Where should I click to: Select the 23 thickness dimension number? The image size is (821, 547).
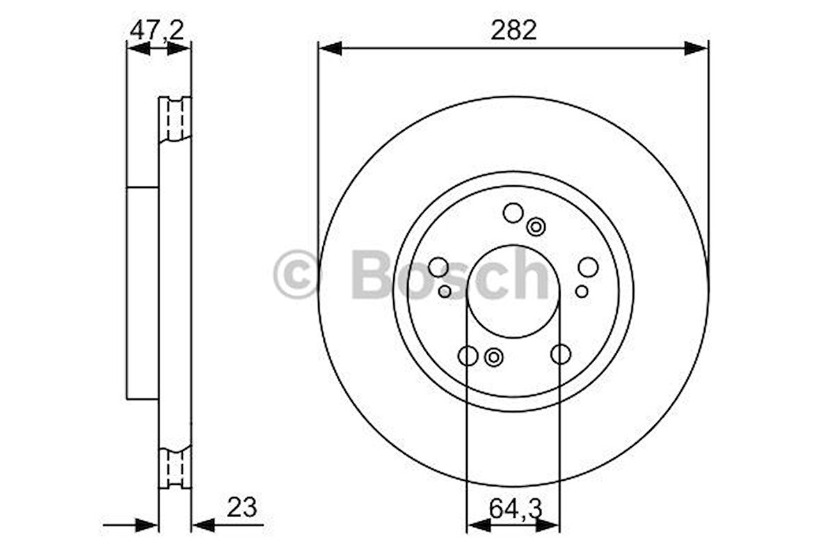pyautogui.click(x=242, y=507)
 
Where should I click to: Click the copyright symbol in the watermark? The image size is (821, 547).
pyautogui.click(x=296, y=275)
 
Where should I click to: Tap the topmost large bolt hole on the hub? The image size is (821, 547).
pyautogui.click(x=513, y=213)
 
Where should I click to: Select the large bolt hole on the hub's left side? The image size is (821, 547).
pyautogui.click(x=438, y=267)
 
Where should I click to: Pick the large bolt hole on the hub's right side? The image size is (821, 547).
pyautogui.click(x=588, y=267)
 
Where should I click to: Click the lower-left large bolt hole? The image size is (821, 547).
pyautogui.click(x=468, y=355)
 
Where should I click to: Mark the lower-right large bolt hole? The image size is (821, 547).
pyautogui.click(x=561, y=354)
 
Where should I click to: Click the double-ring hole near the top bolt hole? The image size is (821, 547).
pyautogui.click(x=536, y=226)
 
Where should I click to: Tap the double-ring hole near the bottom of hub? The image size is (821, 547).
pyautogui.click(x=493, y=358)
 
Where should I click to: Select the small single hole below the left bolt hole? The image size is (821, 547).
pyautogui.click(x=445, y=291)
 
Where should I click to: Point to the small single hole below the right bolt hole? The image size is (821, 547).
pyautogui.click(x=582, y=291)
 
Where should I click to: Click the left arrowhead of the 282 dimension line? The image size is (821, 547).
pyautogui.click(x=330, y=48)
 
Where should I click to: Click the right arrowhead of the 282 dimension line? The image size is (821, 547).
pyautogui.click(x=696, y=48)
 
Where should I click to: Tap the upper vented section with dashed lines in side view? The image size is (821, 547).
pyautogui.click(x=175, y=118)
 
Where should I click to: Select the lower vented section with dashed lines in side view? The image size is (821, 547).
pyautogui.click(x=175, y=468)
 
